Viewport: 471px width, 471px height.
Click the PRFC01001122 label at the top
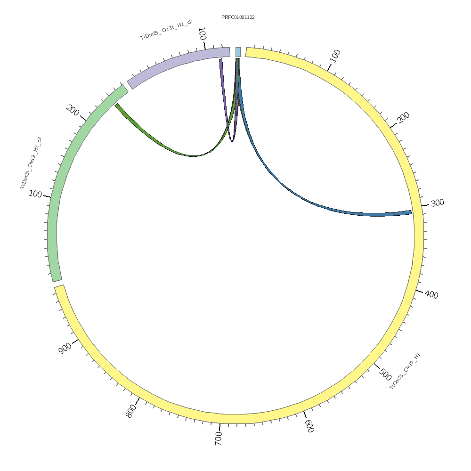(238, 17)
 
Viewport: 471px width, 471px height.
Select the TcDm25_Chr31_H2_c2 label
(166, 29)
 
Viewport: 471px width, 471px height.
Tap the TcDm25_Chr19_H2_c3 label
(31, 163)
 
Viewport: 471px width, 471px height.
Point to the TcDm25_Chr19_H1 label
(405, 371)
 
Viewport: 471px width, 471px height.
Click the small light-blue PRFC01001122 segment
(238, 52)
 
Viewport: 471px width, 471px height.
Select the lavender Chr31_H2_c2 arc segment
(179, 64)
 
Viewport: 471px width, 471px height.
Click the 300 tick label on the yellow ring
(437, 203)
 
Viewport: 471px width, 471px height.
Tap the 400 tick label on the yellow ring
(431, 295)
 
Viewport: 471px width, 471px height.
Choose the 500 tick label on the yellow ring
(385, 375)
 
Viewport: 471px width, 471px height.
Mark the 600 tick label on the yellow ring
(309, 426)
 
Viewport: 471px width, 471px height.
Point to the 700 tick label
(218, 438)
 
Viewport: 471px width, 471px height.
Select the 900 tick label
(65, 348)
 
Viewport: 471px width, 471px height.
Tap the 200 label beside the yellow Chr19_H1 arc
(404, 117)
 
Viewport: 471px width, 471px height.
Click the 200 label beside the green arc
(73, 110)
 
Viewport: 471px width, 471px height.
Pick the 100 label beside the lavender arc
(202, 34)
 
